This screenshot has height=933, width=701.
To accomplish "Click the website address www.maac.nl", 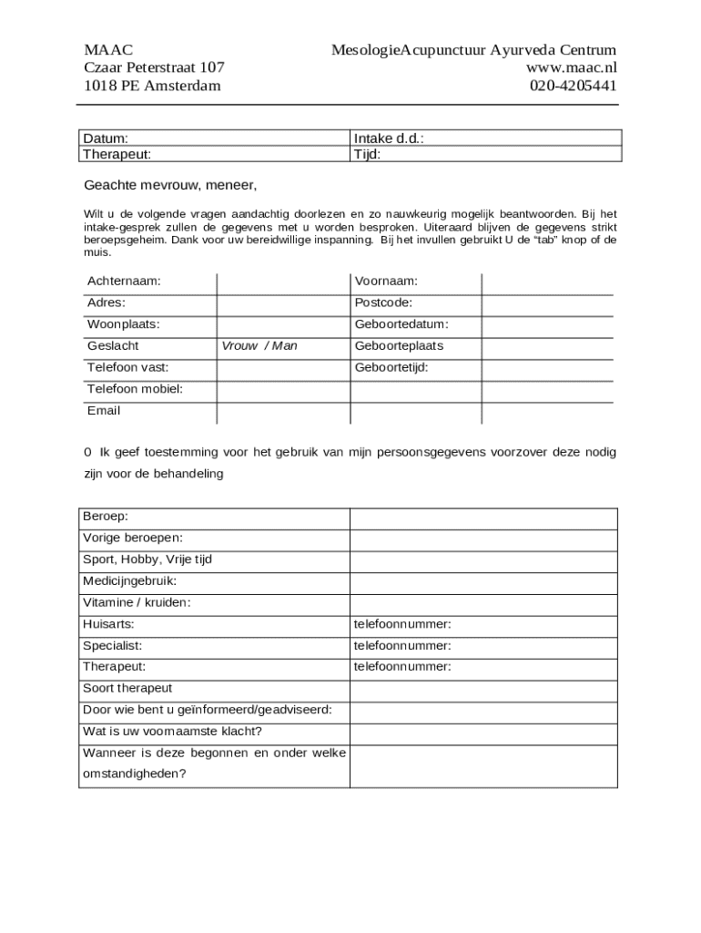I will [x=571, y=67].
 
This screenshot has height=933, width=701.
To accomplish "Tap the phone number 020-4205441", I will [x=573, y=86].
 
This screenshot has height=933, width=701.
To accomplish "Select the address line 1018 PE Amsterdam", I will [x=152, y=86].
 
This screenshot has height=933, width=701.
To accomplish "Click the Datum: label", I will [x=106, y=138].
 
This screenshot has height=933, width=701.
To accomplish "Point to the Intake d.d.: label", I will [x=389, y=138].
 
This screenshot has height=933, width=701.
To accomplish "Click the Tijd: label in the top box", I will [x=367, y=154].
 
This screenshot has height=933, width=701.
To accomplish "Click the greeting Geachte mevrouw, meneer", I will [x=170, y=185].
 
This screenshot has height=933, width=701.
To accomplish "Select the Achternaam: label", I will [x=124, y=281].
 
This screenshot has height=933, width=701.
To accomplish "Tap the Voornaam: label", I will [x=386, y=281].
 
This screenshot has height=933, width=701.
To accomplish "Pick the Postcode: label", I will [x=383, y=302].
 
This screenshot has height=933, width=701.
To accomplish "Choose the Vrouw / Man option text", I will [x=259, y=346].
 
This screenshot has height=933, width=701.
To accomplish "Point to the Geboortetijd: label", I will [x=391, y=368].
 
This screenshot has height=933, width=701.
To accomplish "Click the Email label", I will [x=104, y=411].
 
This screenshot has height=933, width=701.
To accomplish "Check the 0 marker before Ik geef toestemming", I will [x=87, y=452].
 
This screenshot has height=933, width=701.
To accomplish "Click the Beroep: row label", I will [x=106, y=517].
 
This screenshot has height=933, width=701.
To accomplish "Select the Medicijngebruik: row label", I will [x=129, y=580].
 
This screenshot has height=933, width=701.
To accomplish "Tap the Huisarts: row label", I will [x=108, y=624].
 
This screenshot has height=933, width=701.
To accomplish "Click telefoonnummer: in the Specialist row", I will [x=402, y=645].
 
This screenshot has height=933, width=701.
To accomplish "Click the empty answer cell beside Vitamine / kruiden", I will [x=483, y=602].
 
